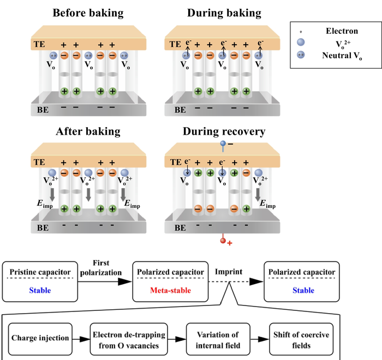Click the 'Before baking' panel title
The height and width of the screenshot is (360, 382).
click(x=88, y=13)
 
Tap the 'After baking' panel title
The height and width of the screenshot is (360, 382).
click(x=88, y=131)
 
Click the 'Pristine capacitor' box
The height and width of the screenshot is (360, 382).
click(x=38, y=281)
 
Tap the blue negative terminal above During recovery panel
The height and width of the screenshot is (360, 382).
click(x=223, y=145)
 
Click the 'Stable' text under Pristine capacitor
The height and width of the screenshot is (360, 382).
click(x=38, y=291)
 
